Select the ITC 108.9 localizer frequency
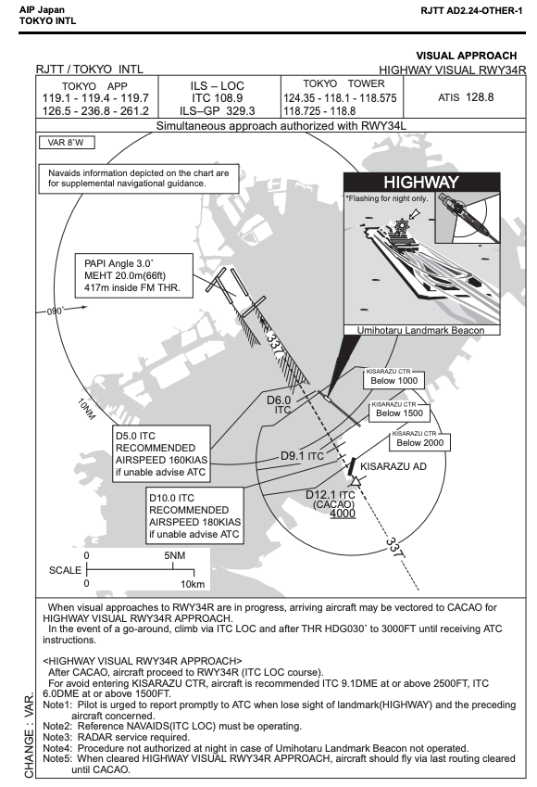217,98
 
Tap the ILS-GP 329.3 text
217,111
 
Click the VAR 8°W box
67,143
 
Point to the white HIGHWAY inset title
421,183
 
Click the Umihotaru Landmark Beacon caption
420,330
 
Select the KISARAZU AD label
393,467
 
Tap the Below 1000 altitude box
394,380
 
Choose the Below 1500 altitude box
399,413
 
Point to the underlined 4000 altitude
343,514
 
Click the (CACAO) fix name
334,504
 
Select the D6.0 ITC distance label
279,404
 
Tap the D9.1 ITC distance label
302,456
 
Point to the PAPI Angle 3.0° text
119,263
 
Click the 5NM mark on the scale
174,556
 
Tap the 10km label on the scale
193,584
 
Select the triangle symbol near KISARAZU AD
356,482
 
